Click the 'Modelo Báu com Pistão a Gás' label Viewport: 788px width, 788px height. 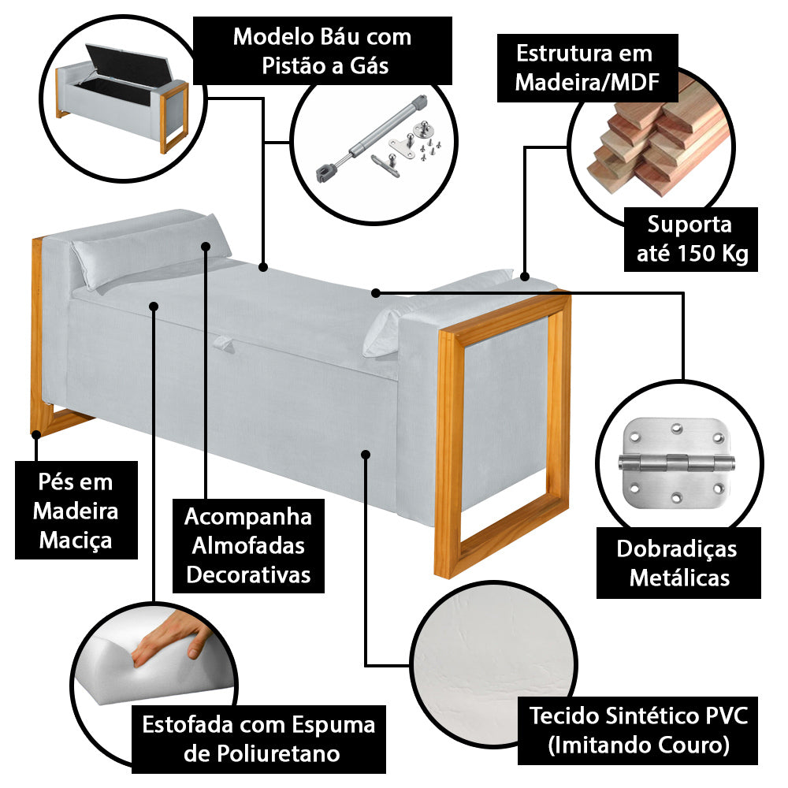[322, 50]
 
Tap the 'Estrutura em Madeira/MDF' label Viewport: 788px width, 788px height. [584, 69]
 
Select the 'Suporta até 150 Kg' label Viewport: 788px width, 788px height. [689, 239]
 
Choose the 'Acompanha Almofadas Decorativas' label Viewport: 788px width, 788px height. [248, 546]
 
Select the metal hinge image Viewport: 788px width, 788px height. [675, 463]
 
